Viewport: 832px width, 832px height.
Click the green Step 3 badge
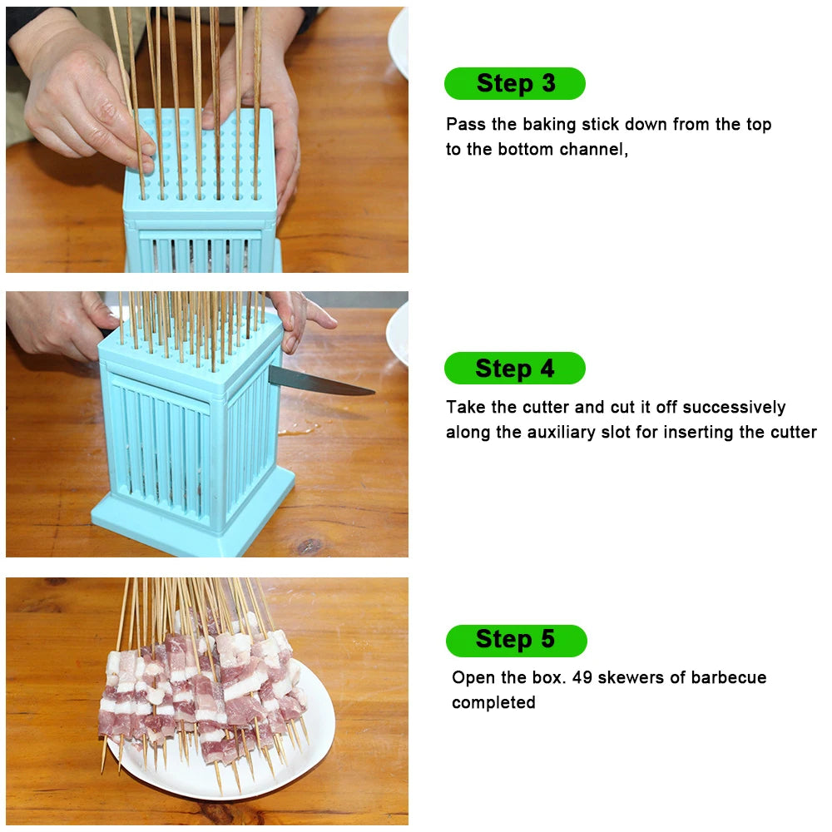point(515,83)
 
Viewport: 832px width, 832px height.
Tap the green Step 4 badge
point(515,369)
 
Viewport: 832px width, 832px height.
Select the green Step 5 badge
point(516,640)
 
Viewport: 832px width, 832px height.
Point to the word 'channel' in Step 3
point(593,151)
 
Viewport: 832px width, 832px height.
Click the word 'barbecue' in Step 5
point(728,677)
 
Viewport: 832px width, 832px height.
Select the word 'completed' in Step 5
point(493,703)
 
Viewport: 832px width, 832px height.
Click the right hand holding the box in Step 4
point(295,320)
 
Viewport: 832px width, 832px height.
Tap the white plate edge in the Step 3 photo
point(399,42)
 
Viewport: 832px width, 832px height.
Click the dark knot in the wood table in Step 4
point(309,546)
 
